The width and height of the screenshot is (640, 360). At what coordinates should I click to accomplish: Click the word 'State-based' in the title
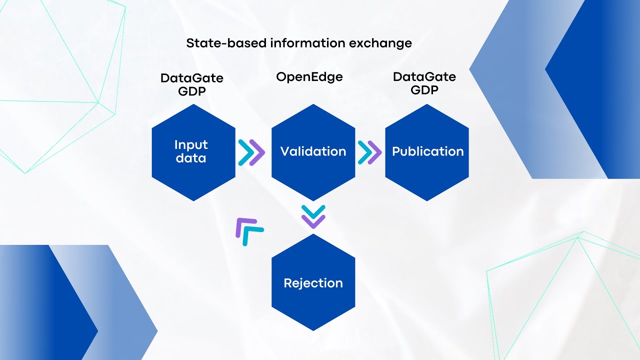(x=226, y=43)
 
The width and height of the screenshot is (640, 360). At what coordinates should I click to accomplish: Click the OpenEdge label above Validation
(x=309, y=77)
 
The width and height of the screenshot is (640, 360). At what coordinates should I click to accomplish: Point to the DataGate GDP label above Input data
(x=192, y=84)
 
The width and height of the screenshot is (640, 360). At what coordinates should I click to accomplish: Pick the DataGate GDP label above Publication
(x=424, y=83)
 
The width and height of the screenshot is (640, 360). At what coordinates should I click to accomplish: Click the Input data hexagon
(x=193, y=152)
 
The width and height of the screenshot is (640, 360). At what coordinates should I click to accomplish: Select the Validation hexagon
(x=313, y=152)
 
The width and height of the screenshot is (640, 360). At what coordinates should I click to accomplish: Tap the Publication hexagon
(x=427, y=152)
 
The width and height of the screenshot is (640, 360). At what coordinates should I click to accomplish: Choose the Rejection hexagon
(x=313, y=282)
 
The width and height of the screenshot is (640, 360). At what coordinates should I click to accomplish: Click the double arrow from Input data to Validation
(x=251, y=152)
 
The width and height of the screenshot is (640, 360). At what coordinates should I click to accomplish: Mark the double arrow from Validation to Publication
(x=369, y=152)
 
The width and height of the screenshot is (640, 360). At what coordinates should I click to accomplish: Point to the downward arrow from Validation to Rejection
(x=313, y=216)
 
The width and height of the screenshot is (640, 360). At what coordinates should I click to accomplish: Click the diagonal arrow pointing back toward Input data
(x=248, y=231)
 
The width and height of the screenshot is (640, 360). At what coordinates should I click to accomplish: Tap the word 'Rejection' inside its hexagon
(x=313, y=283)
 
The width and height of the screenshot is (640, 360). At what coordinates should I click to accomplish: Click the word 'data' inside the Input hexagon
(x=190, y=158)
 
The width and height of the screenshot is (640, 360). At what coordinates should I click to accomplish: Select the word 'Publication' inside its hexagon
(x=427, y=151)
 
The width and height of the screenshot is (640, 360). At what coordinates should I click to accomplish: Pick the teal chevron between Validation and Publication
(x=364, y=152)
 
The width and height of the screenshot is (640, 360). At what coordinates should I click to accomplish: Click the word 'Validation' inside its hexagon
(x=313, y=151)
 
